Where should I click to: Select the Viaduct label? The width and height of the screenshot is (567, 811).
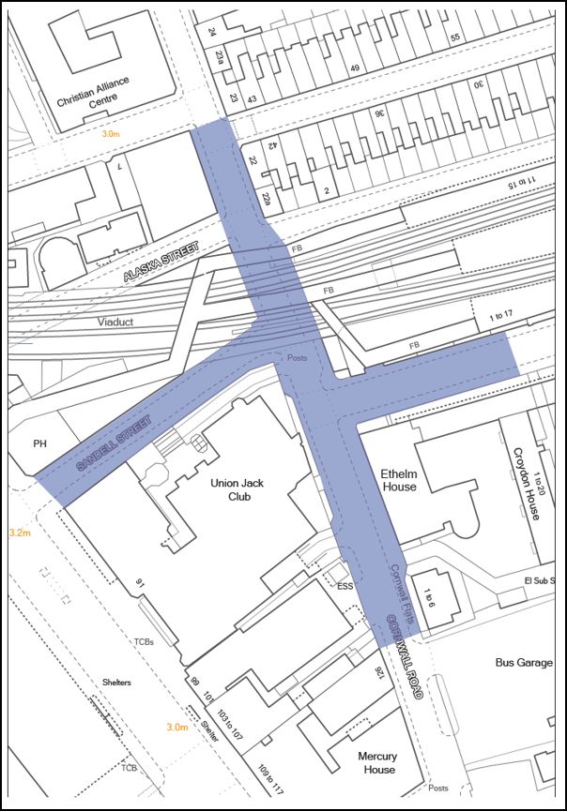(115, 322)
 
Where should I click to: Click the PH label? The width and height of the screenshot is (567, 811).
(40, 444)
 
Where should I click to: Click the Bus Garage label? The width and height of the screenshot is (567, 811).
(523, 662)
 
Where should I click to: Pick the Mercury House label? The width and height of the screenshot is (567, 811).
(376, 763)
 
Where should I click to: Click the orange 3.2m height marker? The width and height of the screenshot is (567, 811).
(19, 533)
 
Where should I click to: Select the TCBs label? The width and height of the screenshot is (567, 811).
(143, 641)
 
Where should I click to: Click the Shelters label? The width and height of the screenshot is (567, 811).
(117, 683)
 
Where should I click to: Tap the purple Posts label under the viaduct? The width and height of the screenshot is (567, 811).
(297, 359)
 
